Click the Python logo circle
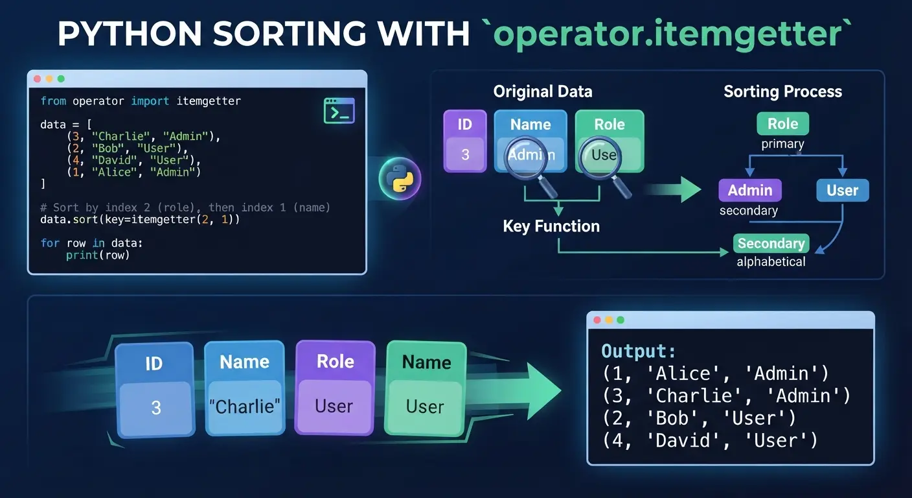click(400, 178)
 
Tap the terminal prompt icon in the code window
click(339, 110)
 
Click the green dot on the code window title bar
click(61, 78)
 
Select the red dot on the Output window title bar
click(597, 320)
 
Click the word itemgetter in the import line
click(209, 101)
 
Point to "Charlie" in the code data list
click(121, 136)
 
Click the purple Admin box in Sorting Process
click(750, 190)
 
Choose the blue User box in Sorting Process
click(843, 190)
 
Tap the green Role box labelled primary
click(782, 123)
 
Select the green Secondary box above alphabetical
click(771, 243)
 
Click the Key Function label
click(551, 226)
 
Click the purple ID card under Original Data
click(465, 141)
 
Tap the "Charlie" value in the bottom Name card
click(244, 407)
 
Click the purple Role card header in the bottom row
click(335, 361)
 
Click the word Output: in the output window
click(639, 351)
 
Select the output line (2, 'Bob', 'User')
click(699, 418)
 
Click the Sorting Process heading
click(782, 91)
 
